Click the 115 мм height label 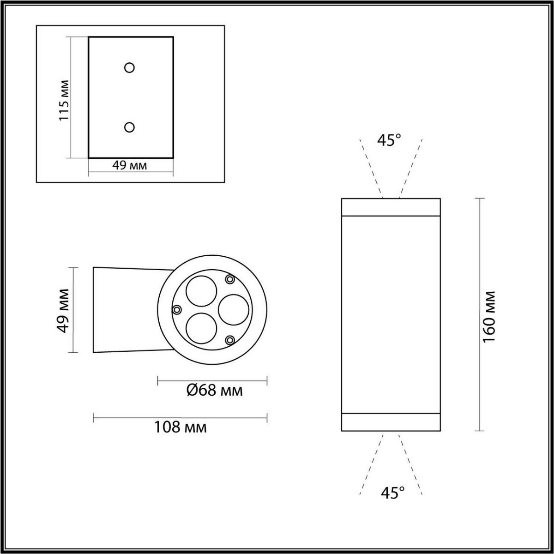(64, 100)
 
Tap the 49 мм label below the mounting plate (130, 165)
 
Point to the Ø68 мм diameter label (214, 391)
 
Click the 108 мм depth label (180, 427)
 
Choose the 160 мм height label (488, 316)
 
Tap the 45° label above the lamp (389, 140)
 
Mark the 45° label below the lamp (392, 493)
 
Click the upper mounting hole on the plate (130, 68)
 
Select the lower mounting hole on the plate (130, 127)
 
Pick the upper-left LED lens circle (201, 292)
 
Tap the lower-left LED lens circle (201, 328)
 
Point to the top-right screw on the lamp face (229, 279)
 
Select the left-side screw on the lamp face (176, 309)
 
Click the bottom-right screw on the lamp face (229, 340)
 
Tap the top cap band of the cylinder (391, 207)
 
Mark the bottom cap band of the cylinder (391, 422)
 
